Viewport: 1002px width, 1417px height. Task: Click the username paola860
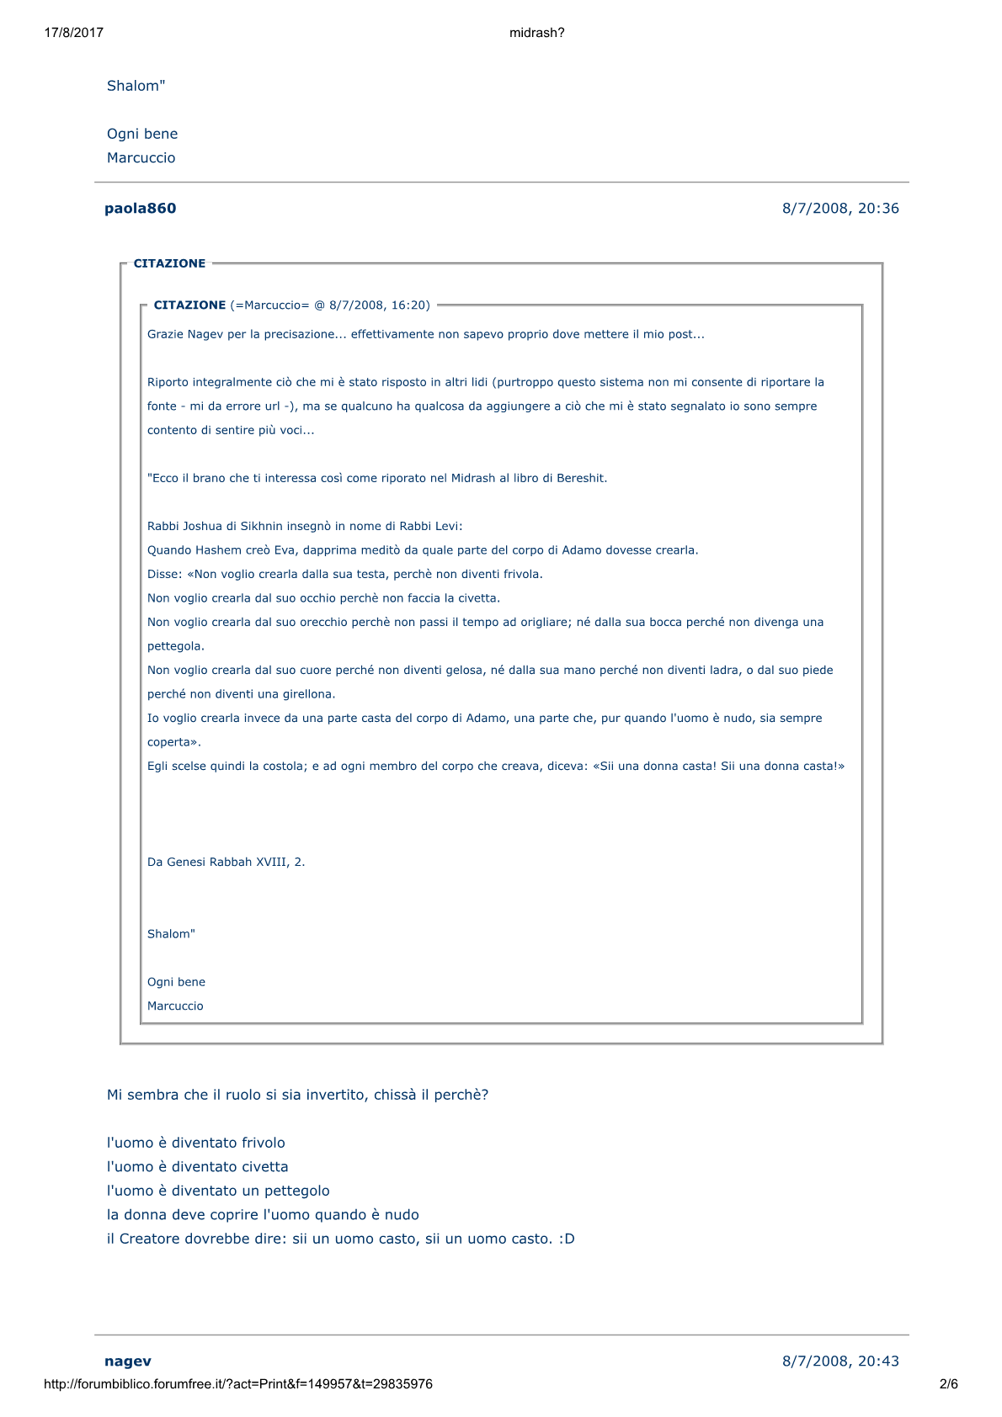click(140, 209)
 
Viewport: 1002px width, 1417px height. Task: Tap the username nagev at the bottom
click(128, 1361)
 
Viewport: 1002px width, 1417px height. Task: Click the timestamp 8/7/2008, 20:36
click(840, 209)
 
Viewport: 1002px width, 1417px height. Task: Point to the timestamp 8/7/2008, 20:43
click(840, 1361)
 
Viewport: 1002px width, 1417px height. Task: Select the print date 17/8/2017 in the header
click(73, 33)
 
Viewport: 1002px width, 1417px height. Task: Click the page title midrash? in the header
click(536, 33)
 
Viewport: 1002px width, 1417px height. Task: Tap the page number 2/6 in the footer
click(948, 1384)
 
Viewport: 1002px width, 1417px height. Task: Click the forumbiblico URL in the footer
click(237, 1384)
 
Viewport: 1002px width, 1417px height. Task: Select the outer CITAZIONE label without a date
click(169, 263)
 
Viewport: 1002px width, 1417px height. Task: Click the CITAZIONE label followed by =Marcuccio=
click(189, 305)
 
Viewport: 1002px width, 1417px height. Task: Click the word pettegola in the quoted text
click(175, 646)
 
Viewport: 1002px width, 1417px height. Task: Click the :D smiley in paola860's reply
click(566, 1239)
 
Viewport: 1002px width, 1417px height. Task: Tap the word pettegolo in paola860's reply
click(296, 1191)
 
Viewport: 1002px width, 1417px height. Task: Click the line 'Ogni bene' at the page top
click(142, 134)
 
